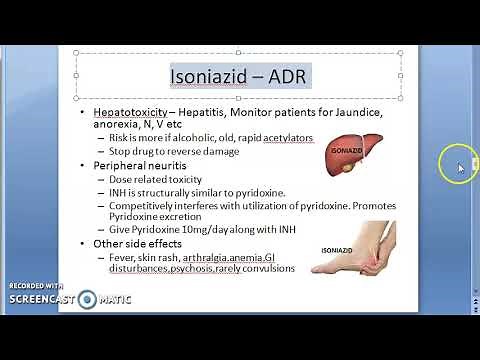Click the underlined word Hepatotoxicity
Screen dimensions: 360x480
140,114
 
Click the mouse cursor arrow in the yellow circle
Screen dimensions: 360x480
460,167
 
